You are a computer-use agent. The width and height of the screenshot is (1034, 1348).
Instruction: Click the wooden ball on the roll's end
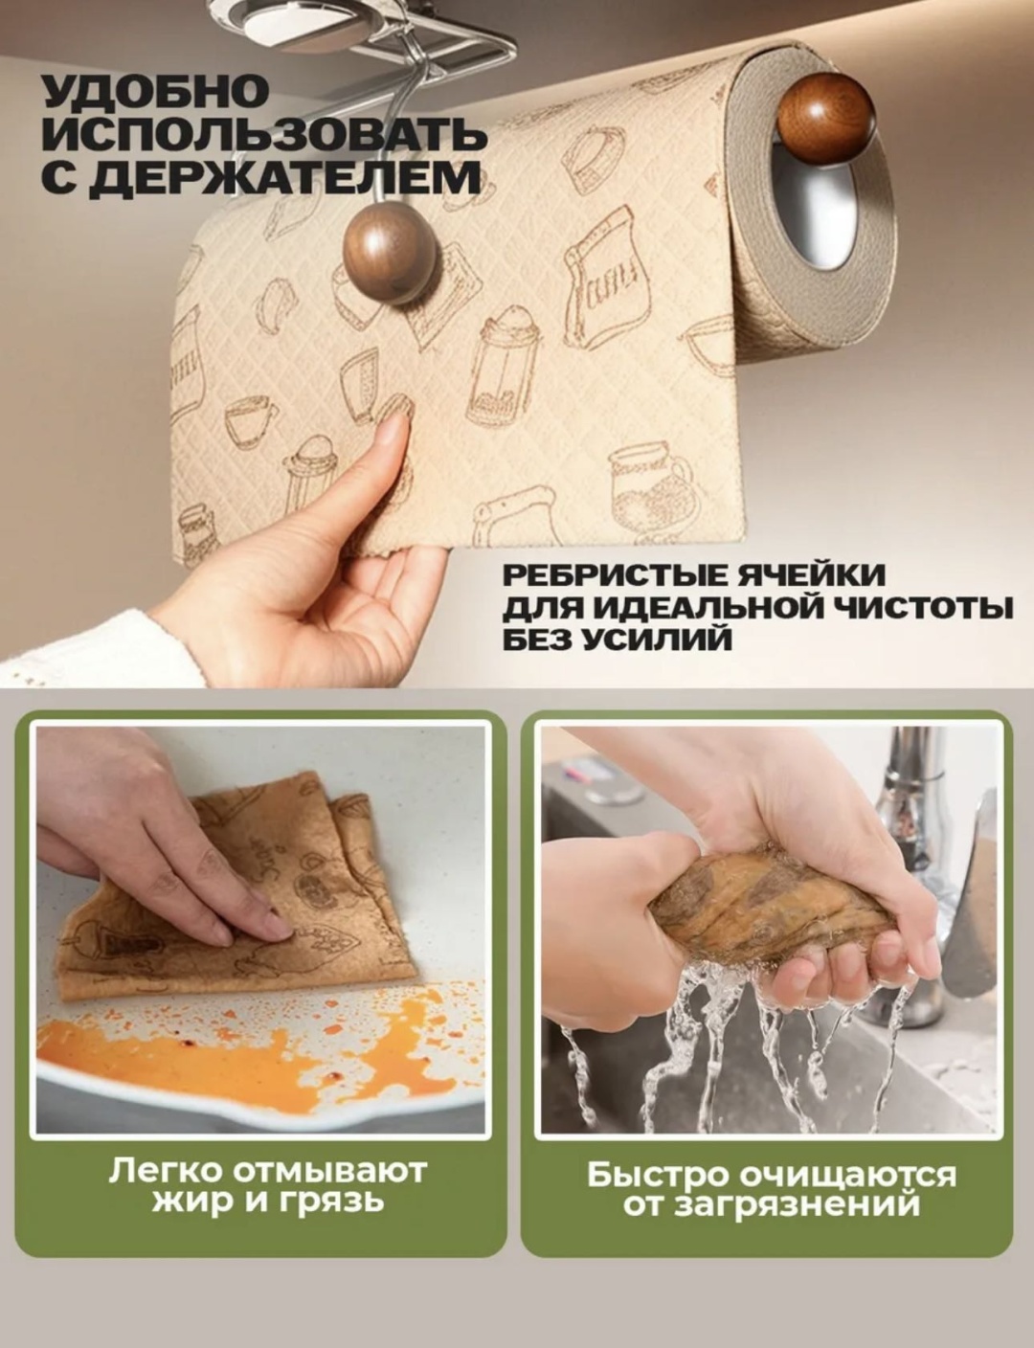tap(826, 116)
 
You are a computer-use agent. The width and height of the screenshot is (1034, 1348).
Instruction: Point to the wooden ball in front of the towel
tap(391, 254)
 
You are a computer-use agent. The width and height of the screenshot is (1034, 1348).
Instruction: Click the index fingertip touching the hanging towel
tap(393, 428)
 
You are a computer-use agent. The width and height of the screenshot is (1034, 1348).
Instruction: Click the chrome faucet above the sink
tap(911, 819)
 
